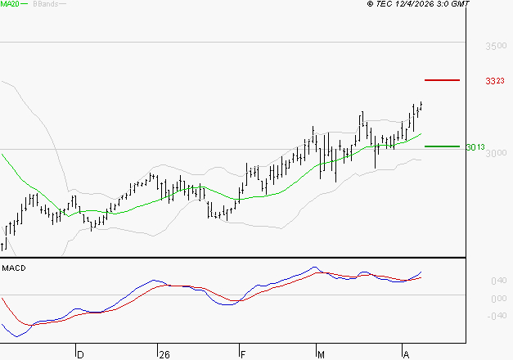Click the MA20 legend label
tap(11, 4)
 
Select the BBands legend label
tap(44, 4)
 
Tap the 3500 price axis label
tap(496, 47)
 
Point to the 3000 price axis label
tap(496, 154)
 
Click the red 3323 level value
tap(494, 81)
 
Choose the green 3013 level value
tap(475, 147)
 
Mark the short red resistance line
tap(443, 80)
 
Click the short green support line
tap(443, 146)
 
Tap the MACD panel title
tap(14, 268)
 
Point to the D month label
tap(80, 354)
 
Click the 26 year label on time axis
tap(164, 354)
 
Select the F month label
tap(244, 354)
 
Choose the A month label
tap(406, 354)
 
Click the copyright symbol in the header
tap(370, 4)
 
